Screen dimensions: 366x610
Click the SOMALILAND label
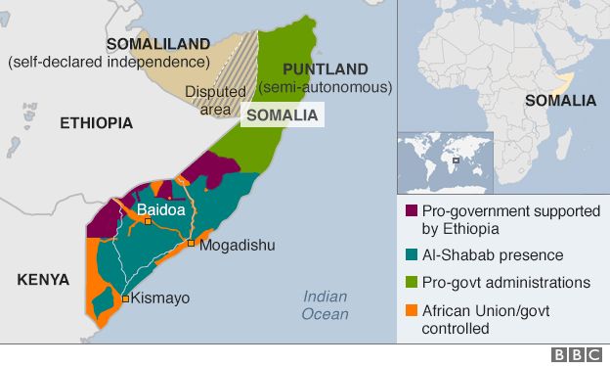[x=158, y=44]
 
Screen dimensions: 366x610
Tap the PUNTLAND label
[x=325, y=69]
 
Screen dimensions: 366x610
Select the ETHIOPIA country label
[x=96, y=123]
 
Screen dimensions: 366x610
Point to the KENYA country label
[x=43, y=280]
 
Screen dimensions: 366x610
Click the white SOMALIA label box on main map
[x=283, y=115]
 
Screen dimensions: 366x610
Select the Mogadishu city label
[x=236, y=245]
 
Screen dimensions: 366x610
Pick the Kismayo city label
[x=161, y=298]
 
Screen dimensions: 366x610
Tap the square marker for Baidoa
[x=148, y=223]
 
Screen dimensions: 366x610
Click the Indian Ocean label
[x=325, y=305]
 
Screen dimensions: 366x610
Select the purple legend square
[x=412, y=210]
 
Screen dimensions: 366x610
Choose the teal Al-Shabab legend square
[x=412, y=255]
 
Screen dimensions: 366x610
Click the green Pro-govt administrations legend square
[x=412, y=283]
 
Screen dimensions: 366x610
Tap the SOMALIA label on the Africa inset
[x=560, y=101]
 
